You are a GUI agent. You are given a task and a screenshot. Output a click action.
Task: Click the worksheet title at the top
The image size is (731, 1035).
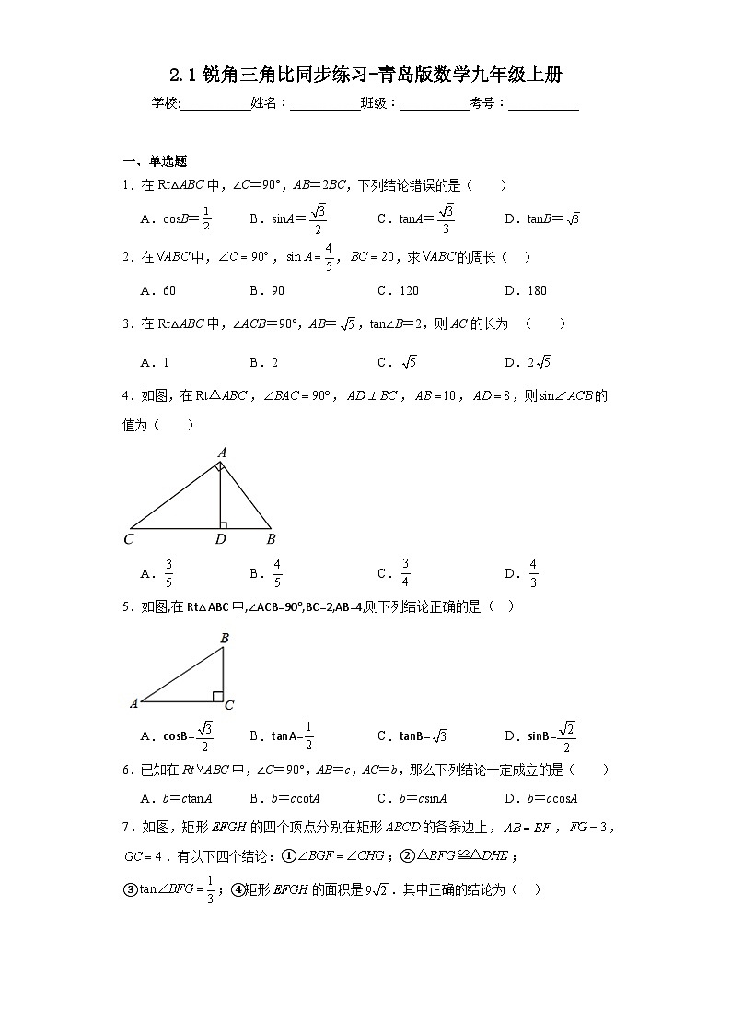[x=365, y=76]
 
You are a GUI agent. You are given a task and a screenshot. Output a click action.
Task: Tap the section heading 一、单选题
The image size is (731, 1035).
[x=156, y=160]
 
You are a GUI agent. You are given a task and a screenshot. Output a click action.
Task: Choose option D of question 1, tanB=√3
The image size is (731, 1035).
[x=541, y=219]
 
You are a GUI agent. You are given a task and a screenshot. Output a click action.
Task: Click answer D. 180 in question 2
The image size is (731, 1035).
[x=526, y=290]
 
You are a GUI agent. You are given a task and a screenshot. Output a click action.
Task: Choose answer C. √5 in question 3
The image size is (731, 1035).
[x=397, y=362]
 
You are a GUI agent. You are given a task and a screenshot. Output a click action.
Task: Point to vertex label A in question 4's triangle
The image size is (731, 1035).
[x=221, y=453]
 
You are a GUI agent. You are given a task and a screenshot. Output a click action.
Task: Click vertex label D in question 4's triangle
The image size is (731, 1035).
[x=220, y=539]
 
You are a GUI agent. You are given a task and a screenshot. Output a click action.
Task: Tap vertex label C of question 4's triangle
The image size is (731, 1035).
[x=129, y=539]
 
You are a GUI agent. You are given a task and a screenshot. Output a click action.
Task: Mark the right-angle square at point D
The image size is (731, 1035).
[x=224, y=525]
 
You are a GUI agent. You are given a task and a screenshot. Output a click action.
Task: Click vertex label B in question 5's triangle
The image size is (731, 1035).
[x=224, y=637]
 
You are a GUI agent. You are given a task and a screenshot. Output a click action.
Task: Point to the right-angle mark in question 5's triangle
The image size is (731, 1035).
[x=218, y=696]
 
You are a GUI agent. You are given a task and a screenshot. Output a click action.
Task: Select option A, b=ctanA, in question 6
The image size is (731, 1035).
[x=177, y=799]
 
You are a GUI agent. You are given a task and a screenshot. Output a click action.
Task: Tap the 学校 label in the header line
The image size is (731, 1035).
[x=166, y=103]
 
